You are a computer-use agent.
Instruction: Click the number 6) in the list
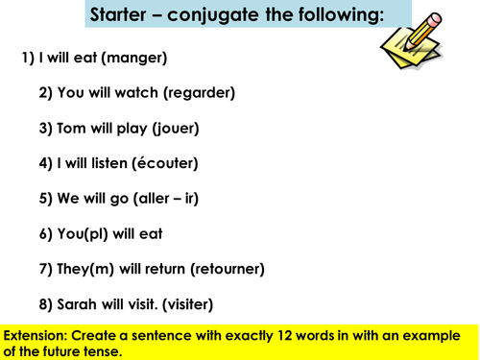click(47, 234)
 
